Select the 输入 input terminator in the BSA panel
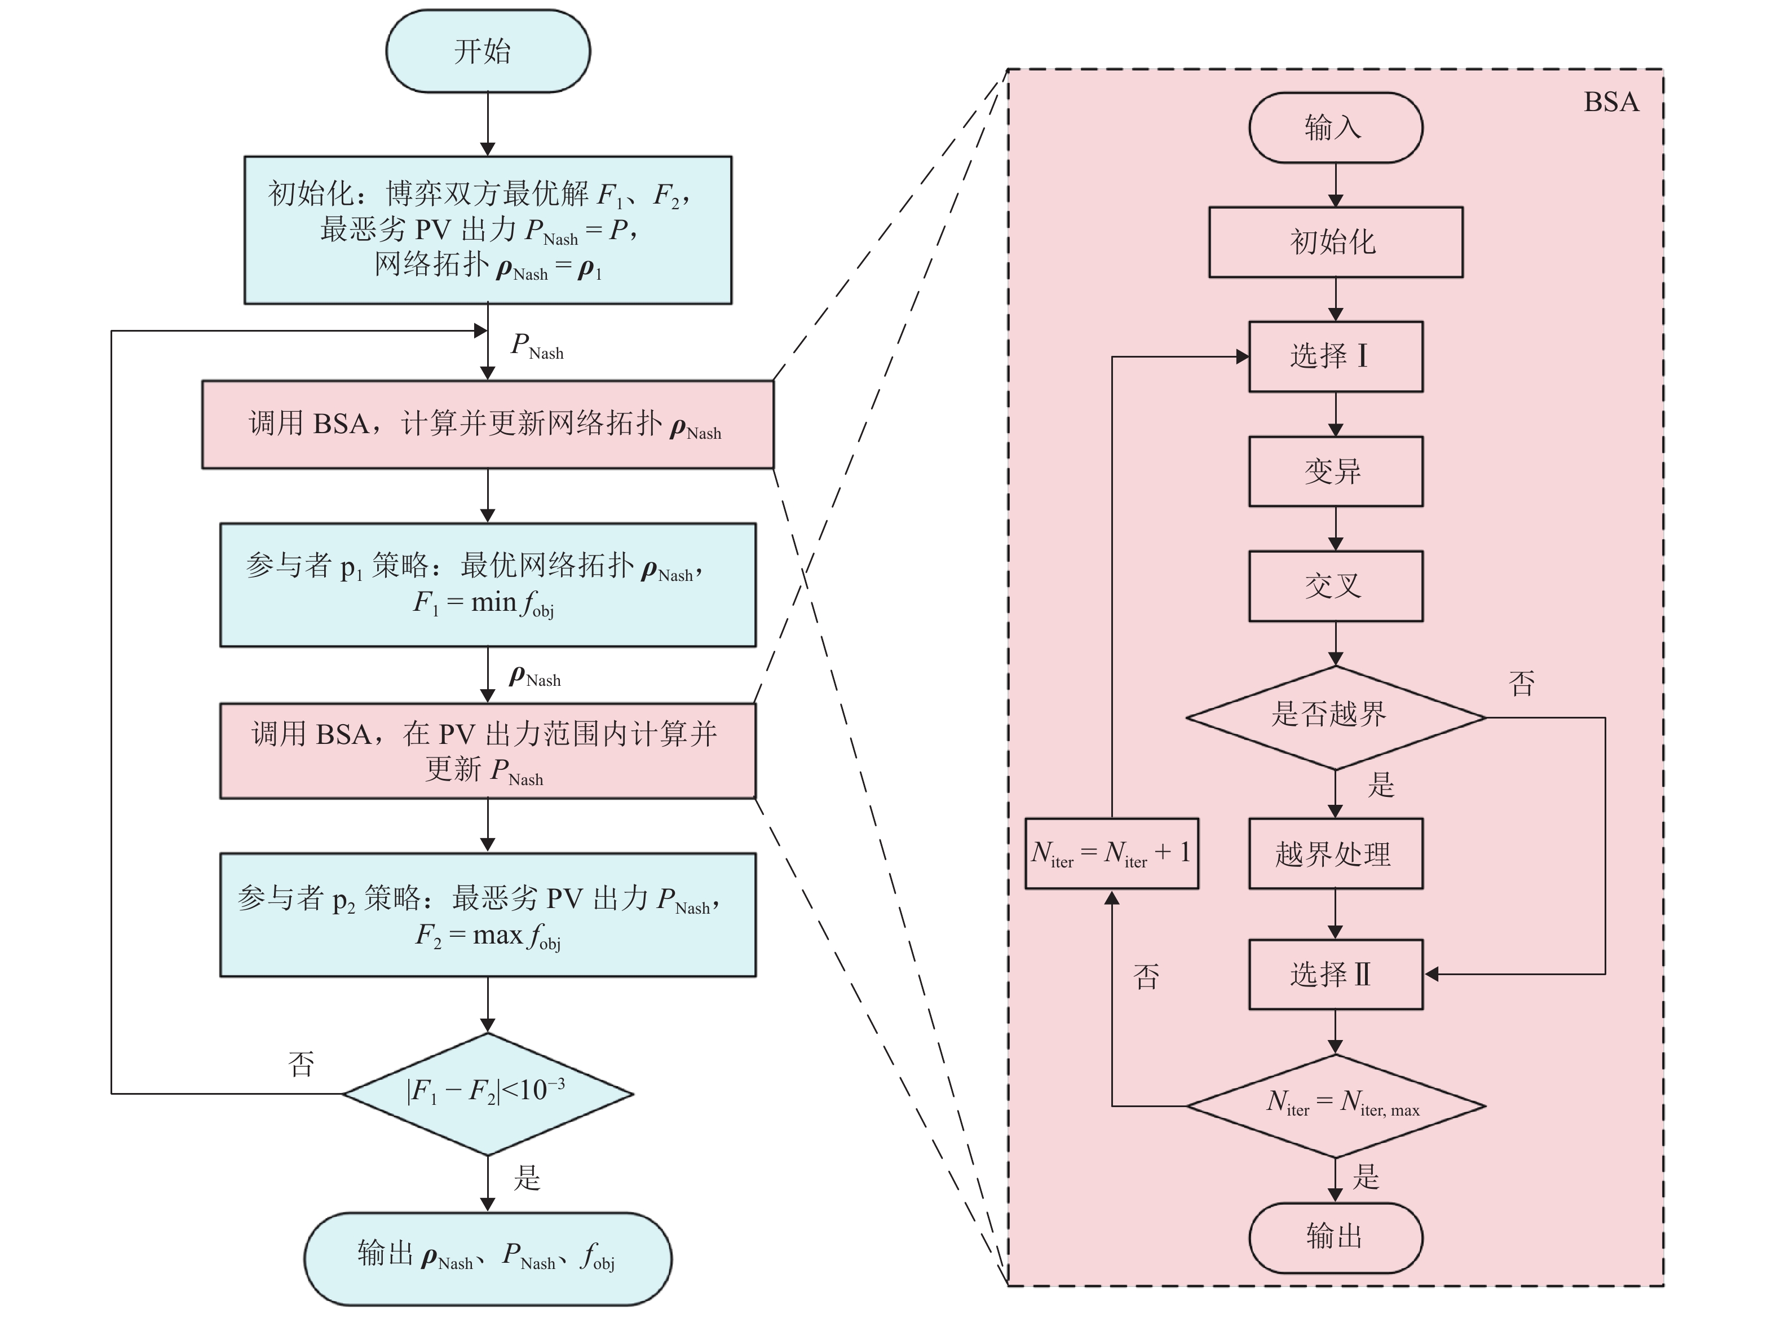pyautogui.click(x=1335, y=128)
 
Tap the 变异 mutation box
pyautogui.click(x=1335, y=471)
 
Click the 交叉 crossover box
pyautogui.click(x=1335, y=586)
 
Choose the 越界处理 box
pyautogui.click(x=1335, y=853)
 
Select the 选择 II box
pyautogui.click(x=1335, y=974)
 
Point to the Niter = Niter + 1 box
pyautogui.click(x=1111, y=853)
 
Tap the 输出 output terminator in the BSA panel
pyautogui.click(x=1335, y=1236)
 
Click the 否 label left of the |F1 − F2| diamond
pyautogui.click(x=302, y=1064)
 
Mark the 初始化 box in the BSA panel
pyautogui.click(x=1335, y=243)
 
